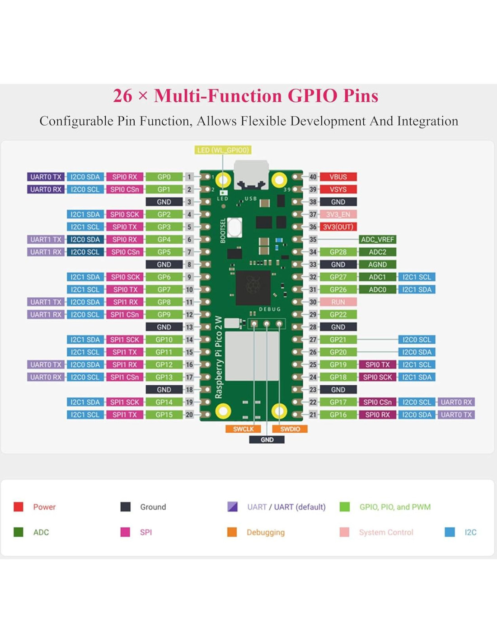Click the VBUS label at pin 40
point(338,177)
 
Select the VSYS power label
point(338,189)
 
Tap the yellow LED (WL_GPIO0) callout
point(223,150)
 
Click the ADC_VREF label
point(377,240)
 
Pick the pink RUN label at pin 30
point(338,302)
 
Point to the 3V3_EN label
point(338,214)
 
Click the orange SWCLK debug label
point(244,429)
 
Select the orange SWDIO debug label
point(290,429)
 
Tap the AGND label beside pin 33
point(377,265)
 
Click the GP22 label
point(338,315)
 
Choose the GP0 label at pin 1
point(164,177)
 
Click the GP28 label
point(338,252)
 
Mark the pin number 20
point(189,415)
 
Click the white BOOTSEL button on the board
point(234,227)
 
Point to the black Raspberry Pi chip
point(253,288)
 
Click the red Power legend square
point(19,507)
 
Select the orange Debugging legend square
point(232,532)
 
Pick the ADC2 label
point(377,252)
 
